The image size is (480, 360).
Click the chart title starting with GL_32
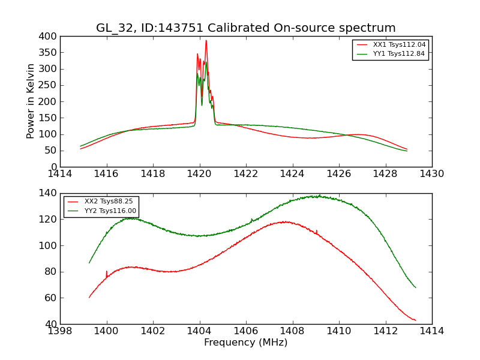[246, 28]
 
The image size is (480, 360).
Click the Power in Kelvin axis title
[31, 101]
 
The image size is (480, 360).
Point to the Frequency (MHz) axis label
[246, 343]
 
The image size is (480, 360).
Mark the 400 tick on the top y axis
[49, 37]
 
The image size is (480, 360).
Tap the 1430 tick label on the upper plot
[431, 174]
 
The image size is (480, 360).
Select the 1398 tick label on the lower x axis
[60, 331]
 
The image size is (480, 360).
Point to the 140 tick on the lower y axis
[49, 193]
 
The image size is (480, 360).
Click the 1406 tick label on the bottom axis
[245, 331]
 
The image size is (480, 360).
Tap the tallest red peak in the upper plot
[206, 41]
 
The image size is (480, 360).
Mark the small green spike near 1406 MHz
[251, 220]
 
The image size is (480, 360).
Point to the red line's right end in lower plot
[415, 320]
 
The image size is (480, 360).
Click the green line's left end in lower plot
[89, 263]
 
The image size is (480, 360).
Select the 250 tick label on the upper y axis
[49, 85]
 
